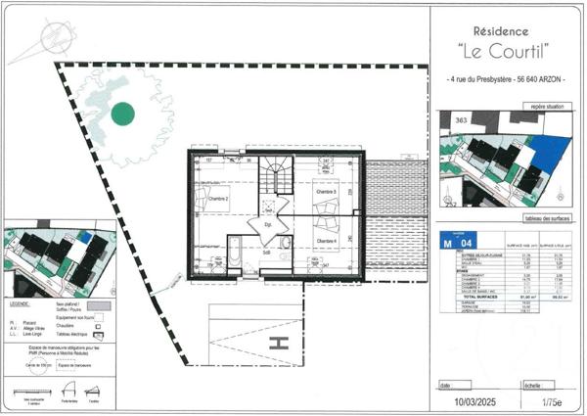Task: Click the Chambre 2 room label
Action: [217, 199]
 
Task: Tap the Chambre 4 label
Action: [325, 241]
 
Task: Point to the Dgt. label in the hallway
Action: [268, 223]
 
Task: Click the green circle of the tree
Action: [122, 115]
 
